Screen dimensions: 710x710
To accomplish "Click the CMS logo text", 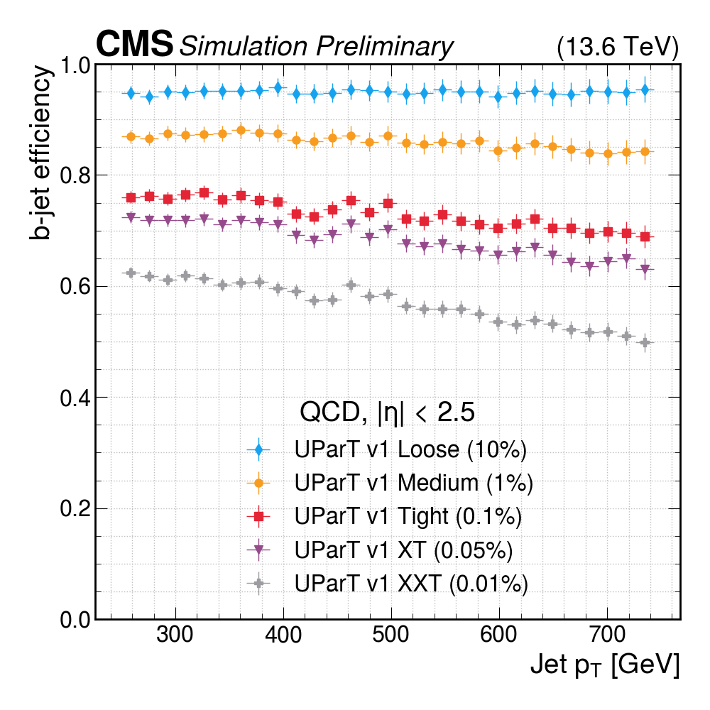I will coord(135,44).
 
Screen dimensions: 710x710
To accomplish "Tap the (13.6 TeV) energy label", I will coord(618,48).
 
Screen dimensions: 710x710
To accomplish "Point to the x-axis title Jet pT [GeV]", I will coord(604,665).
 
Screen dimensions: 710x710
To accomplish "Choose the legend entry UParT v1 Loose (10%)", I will coord(410,450).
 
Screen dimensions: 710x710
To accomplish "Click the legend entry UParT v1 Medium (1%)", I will coord(413,484).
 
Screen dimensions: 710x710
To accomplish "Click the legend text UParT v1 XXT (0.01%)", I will coord(411,584).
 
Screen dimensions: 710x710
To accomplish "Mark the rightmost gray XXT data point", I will coord(645,343).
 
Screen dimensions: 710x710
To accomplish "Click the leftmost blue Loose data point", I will coord(131,93).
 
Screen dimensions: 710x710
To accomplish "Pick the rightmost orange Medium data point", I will coord(645,151).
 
